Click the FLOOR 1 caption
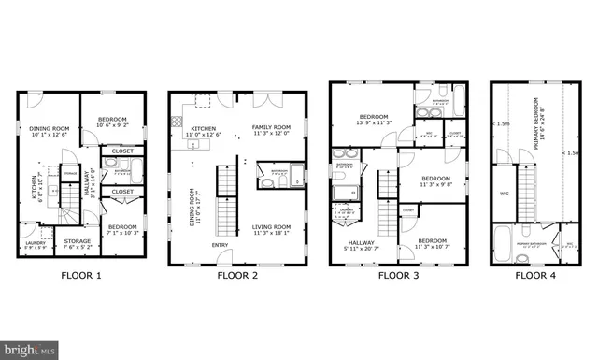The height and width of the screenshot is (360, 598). (80, 275)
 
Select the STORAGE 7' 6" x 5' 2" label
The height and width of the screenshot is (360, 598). (78, 243)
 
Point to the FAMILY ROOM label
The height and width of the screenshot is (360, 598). (272, 129)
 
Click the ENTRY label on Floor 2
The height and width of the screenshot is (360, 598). (221, 246)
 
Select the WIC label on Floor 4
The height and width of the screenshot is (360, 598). (504, 194)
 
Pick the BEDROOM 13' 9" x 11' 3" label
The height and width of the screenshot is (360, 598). (374, 119)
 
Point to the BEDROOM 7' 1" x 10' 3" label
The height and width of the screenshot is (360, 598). (121, 229)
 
